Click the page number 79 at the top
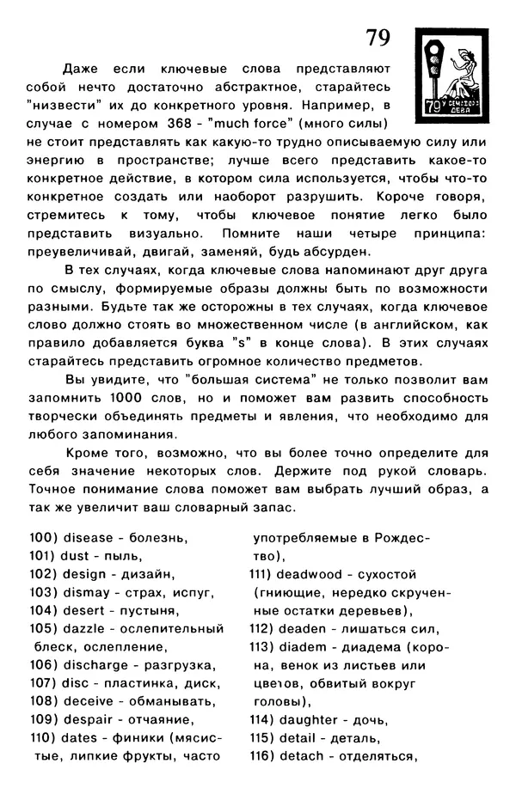coord(378,38)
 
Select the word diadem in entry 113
coord(304,646)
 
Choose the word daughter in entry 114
coord(310,719)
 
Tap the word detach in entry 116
coord(301,756)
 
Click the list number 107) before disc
coord(42,683)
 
